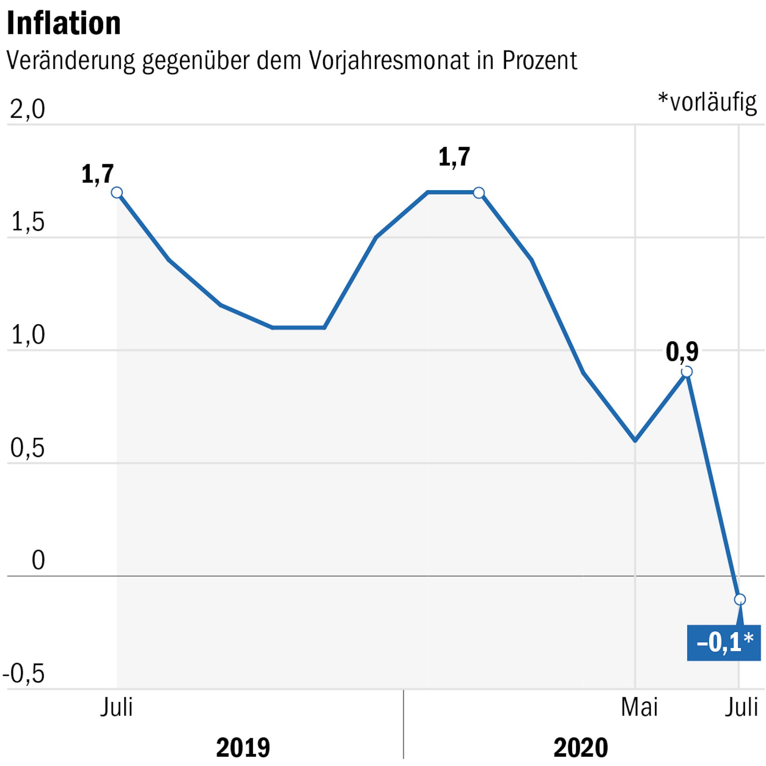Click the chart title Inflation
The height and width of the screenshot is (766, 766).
click(64, 24)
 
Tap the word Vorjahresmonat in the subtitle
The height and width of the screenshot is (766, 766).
click(389, 61)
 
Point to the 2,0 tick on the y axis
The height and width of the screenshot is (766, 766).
click(27, 109)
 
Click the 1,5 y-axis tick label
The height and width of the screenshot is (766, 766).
click(27, 222)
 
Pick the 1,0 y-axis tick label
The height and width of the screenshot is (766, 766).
click(27, 335)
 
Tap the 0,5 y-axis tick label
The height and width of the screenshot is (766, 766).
click(27, 448)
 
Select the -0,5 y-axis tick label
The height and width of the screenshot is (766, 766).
click(24, 674)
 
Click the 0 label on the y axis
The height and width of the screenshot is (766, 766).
click(38, 560)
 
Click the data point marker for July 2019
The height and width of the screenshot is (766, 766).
click(117, 192)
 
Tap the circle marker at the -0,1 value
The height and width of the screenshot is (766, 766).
click(740, 599)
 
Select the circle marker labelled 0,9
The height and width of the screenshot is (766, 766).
click(687, 372)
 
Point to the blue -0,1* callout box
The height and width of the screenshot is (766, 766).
click(724, 643)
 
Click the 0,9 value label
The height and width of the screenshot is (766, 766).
click(682, 352)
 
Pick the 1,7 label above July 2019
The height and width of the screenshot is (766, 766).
click(97, 174)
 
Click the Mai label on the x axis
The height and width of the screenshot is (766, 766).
click(639, 707)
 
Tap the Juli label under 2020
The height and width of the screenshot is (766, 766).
click(741, 707)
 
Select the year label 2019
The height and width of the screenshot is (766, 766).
click(243, 748)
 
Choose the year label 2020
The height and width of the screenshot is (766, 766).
click(580, 748)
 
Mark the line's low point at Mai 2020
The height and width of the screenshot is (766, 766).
click(635, 440)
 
